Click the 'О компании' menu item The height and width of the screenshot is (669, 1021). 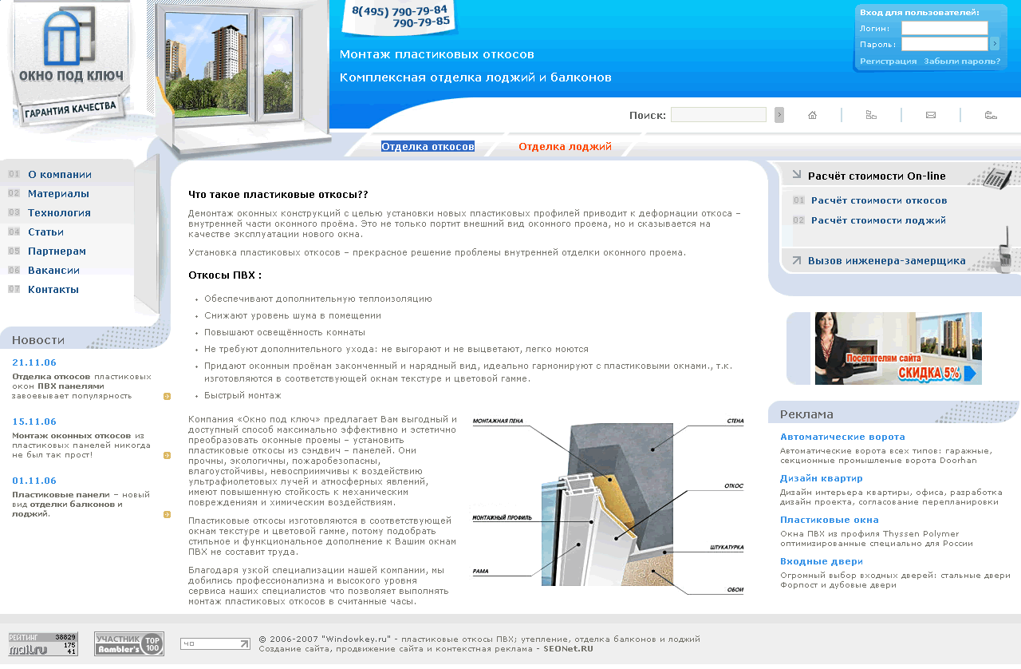pos(59,175)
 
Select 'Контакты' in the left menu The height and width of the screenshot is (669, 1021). pos(53,290)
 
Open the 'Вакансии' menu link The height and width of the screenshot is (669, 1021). pos(53,271)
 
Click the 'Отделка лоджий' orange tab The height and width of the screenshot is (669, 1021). pos(565,147)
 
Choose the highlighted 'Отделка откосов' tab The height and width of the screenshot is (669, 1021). pos(428,147)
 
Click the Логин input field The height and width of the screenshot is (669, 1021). pos(944,28)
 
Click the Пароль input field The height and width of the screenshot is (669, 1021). pos(944,44)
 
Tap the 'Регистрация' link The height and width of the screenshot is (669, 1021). pos(888,61)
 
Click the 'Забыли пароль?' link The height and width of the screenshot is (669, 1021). pos(961,61)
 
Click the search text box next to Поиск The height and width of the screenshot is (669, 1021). pos(718,115)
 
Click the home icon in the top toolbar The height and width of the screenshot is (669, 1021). pos(812,115)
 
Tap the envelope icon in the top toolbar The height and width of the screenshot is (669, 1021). pos(930,115)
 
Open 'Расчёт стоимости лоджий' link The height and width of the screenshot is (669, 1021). pos(878,220)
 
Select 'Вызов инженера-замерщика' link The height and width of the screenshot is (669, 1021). pos(886,261)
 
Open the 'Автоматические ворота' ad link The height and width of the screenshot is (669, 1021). pos(842,437)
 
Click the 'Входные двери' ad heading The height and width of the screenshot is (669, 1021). pos(821,562)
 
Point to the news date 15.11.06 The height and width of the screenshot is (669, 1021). pos(34,422)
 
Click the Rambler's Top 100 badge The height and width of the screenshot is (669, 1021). pos(129,643)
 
